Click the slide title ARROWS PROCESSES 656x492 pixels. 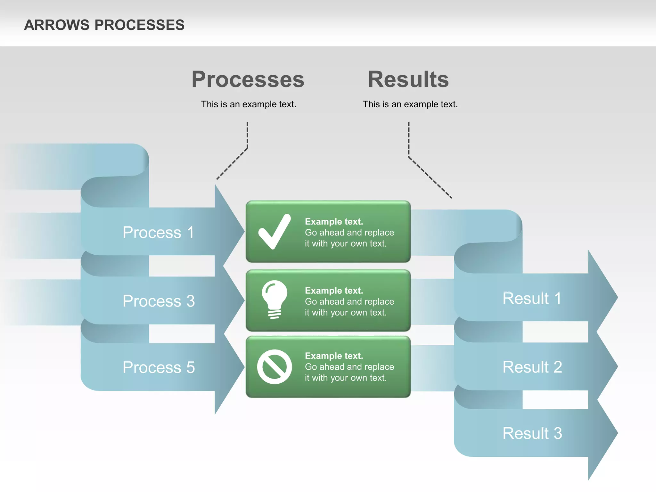click(104, 25)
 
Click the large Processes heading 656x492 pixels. click(248, 79)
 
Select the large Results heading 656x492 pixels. click(408, 79)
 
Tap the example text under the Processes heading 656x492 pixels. click(249, 104)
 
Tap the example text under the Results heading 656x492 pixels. click(410, 104)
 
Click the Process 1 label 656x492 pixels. click(159, 232)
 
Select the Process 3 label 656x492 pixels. click(159, 301)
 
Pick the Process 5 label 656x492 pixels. click(159, 367)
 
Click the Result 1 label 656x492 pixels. click(532, 299)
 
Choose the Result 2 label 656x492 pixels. click(532, 367)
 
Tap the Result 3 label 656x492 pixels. click(532, 433)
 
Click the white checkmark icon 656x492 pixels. click(275, 232)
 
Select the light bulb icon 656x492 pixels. click(275, 299)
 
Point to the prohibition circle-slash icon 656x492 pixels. click(275, 367)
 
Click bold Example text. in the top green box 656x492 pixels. click(334, 222)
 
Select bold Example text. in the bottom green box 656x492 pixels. click(334, 356)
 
